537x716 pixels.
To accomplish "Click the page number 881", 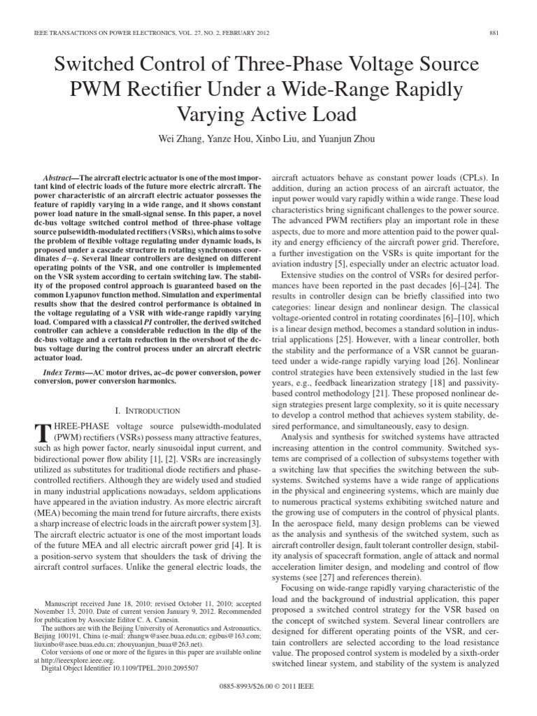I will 501,32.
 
